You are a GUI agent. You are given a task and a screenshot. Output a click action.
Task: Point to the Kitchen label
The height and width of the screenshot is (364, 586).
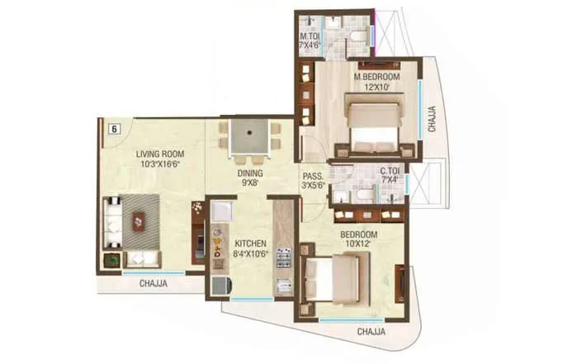[x=248, y=244]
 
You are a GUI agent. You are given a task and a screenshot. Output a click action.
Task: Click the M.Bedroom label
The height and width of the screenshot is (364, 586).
[x=372, y=77]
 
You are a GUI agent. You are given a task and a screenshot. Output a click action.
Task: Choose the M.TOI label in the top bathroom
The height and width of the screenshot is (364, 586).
[x=309, y=36]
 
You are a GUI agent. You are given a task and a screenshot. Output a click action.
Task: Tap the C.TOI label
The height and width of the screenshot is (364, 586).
[x=390, y=171]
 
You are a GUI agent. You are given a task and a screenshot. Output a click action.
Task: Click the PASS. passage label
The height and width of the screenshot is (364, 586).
[x=312, y=176]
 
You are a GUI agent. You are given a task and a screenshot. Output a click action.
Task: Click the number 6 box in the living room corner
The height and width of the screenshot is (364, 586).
[x=113, y=128]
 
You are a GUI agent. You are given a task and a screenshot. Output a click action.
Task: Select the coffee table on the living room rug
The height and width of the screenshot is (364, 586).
[x=138, y=220]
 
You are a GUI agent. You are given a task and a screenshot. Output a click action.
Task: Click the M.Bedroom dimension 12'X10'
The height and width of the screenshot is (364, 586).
[x=372, y=87]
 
